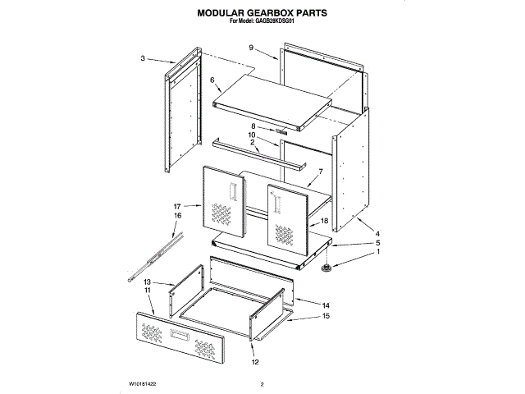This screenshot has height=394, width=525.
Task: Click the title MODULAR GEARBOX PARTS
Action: (262, 13)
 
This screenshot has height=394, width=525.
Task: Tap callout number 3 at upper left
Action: (143, 58)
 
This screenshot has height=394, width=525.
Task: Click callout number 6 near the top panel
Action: (212, 80)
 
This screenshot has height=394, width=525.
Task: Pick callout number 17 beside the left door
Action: (176, 206)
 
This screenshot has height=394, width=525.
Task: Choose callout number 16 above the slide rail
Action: (176, 215)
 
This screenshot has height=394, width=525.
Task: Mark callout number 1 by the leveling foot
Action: (378, 254)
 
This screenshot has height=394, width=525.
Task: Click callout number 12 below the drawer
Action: (254, 363)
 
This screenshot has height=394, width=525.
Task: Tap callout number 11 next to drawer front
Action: (148, 291)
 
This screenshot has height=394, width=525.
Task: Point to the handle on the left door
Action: (234, 192)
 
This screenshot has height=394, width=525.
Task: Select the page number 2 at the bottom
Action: (262, 383)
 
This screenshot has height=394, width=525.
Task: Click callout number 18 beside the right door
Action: (325, 222)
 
